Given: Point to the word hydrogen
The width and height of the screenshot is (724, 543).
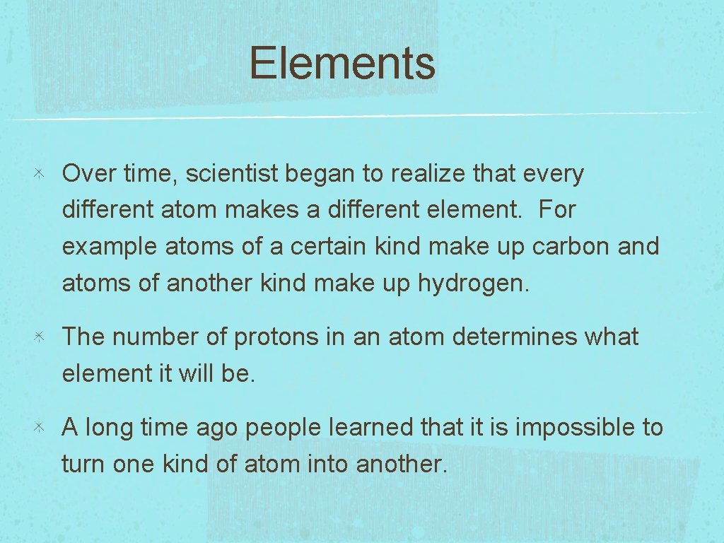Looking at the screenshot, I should (473, 284).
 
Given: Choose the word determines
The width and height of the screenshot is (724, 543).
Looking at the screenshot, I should (515, 337).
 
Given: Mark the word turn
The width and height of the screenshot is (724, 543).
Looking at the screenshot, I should (84, 465).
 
